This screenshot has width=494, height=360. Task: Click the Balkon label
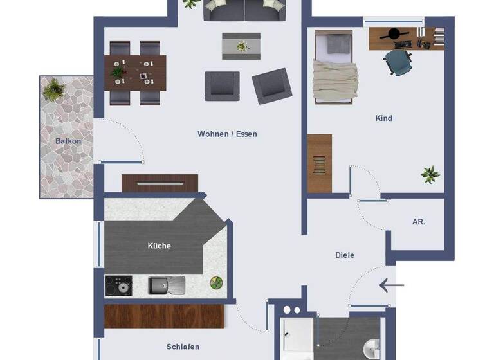point(68,141)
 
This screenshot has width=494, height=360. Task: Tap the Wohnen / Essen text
point(227,134)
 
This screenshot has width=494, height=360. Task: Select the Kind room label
point(383,118)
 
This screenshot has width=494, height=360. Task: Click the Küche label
point(159,246)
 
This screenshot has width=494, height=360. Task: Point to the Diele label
point(345,255)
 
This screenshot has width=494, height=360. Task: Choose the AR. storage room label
point(419,222)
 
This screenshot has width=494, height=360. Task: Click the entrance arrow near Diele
point(391,285)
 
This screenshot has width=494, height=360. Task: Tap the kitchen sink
point(167,285)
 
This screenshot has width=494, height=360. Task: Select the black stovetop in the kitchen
point(118,285)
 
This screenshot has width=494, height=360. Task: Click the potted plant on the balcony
point(55,89)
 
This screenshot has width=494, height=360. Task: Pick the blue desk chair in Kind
point(398,63)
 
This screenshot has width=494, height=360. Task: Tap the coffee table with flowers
point(241,46)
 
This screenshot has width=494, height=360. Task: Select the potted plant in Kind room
point(430,174)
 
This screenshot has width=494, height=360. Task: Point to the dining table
point(136,72)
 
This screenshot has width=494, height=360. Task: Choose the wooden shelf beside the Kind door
point(319,163)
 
